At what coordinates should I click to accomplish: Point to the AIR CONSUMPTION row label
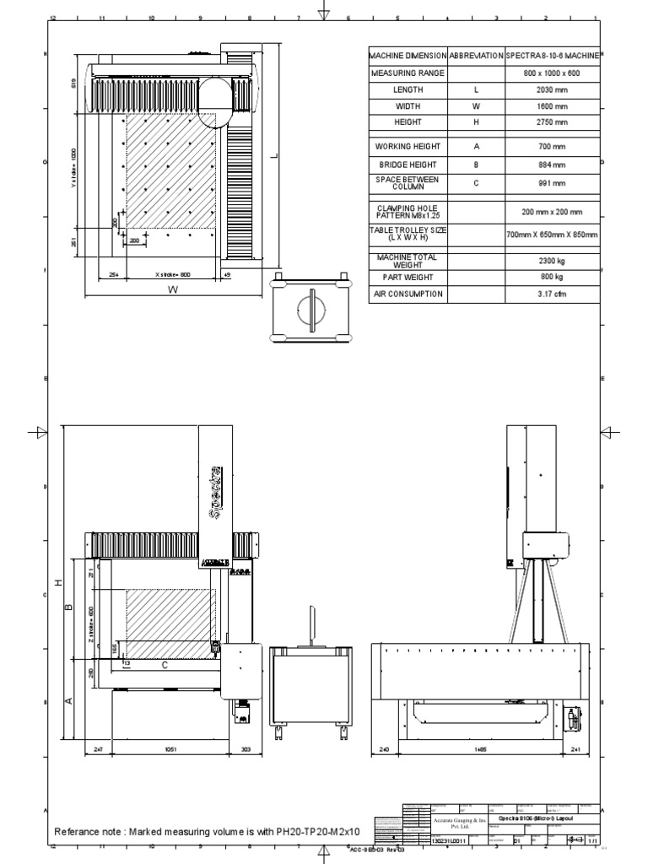tap(408, 294)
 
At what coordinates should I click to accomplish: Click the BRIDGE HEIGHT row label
tap(408, 166)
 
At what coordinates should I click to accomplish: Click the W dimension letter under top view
tap(172, 290)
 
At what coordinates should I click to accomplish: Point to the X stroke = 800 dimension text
tap(173, 274)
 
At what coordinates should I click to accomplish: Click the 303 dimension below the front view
tap(246, 748)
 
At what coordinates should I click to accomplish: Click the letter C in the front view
tap(165, 666)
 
